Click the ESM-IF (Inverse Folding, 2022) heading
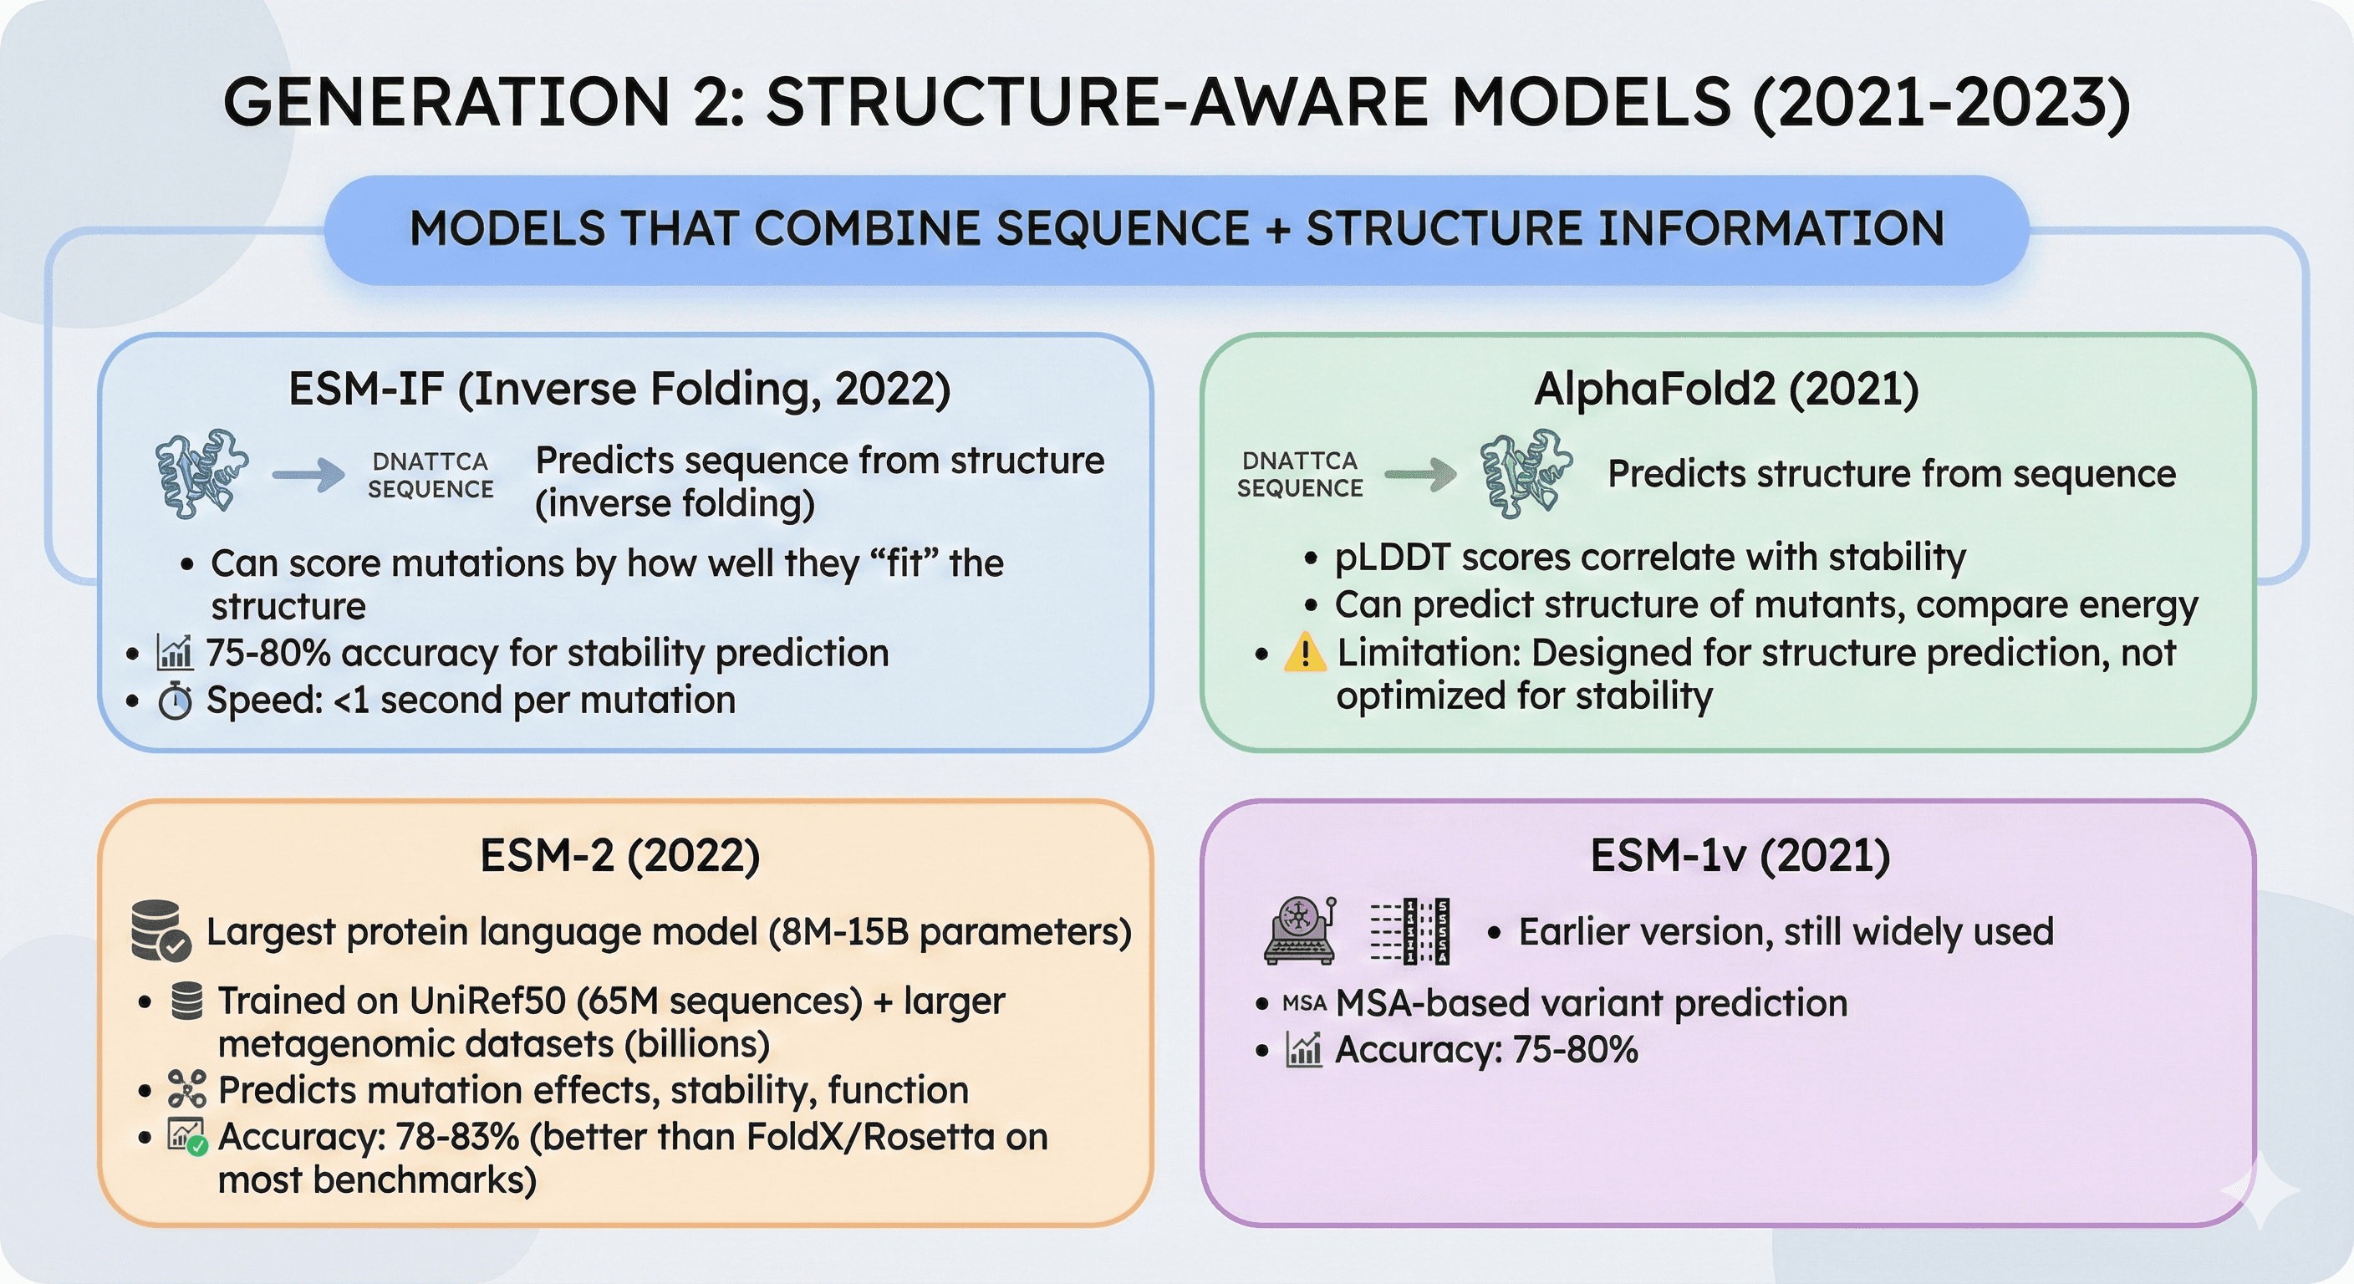619,390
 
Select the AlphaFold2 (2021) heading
1725,390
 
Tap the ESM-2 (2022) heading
619,856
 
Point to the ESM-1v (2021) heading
1739,856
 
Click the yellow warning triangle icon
1305,653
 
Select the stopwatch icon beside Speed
175,701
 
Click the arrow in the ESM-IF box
308,474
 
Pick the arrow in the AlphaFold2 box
1420,474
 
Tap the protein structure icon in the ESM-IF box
201,473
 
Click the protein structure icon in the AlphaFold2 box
1526,473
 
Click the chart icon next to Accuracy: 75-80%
1304,1049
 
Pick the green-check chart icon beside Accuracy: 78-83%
186,1137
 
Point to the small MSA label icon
1304,1003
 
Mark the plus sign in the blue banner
1277,228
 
